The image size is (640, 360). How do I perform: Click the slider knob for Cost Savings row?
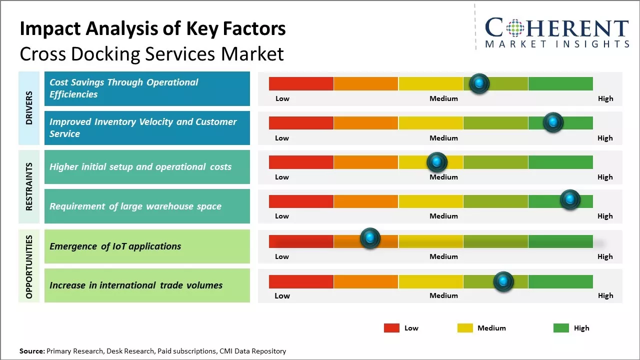click(479, 83)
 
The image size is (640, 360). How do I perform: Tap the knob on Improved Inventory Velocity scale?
click(553, 122)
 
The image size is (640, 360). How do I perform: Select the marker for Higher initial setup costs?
click(437, 162)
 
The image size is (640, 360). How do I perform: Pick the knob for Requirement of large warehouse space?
click(569, 200)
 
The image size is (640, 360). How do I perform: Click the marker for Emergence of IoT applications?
click(370, 238)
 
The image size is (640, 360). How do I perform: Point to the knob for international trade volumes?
click(503, 281)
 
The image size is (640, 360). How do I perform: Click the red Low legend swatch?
click(391, 328)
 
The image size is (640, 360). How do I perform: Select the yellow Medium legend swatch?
click(465, 328)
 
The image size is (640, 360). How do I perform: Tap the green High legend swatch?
click(561, 328)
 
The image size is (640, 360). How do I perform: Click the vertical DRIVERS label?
click(29, 107)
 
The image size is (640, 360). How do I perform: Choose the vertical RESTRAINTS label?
click(29, 186)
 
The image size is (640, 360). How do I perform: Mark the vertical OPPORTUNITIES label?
click(29, 266)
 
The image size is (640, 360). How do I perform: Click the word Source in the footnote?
click(31, 351)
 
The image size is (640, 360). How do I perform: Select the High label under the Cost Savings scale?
click(605, 98)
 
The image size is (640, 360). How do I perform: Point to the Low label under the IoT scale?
click(282, 256)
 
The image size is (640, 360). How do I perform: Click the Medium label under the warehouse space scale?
click(443, 216)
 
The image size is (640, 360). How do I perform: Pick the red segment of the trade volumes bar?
click(301, 281)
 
